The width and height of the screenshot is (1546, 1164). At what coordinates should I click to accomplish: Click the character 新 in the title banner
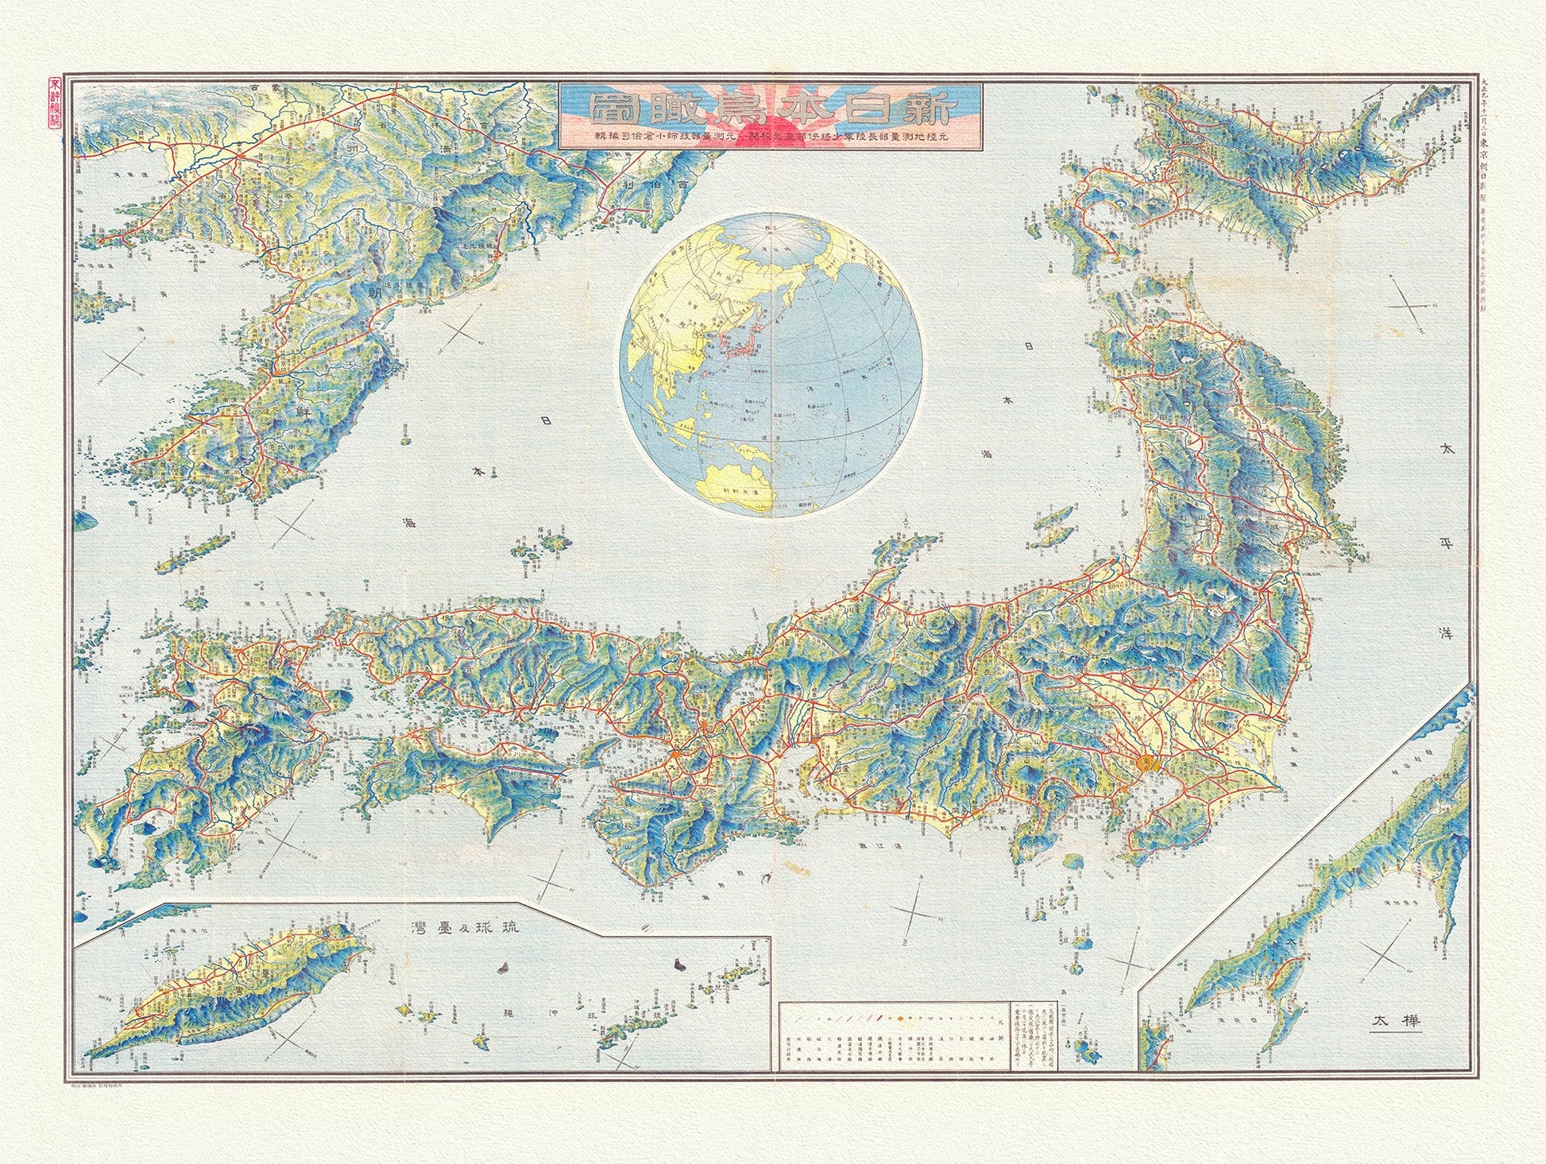pyautogui.click(x=948, y=110)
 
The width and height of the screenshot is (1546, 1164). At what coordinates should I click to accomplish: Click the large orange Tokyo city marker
pyautogui.click(x=1146, y=763)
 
